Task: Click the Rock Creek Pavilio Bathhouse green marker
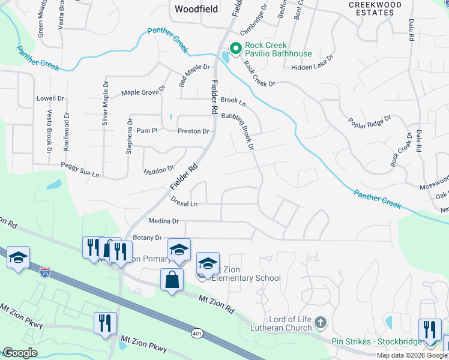[x=236, y=49]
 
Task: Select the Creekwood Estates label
[x=375, y=8]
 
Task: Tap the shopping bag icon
[x=172, y=280]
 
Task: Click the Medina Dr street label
[x=167, y=221]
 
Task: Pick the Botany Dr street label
[x=148, y=238]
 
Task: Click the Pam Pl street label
[x=146, y=130]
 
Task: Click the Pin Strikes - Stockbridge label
[x=375, y=341]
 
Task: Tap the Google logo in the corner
[x=19, y=353]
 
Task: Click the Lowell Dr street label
[x=50, y=98]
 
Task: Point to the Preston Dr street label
[x=193, y=131]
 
